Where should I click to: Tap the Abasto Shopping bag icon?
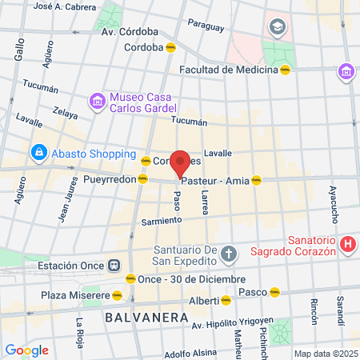pyautogui.click(x=38, y=151)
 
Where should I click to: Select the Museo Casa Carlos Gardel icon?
pyautogui.click(x=98, y=101)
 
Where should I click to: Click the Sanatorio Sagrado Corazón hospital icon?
pyautogui.click(x=347, y=245)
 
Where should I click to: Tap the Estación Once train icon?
pyautogui.click(x=114, y=266)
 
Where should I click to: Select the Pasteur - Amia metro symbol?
pyautogui.click(x=256, y=181)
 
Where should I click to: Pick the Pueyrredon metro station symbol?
pyautogui.click(x=142, y=179)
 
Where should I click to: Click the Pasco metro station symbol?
pyautogui.click(x=274, y=292)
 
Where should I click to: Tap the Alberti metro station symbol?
pyautogui.click(x=226, y=301)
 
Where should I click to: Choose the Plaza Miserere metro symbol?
pyautogui.click(x=117, y=295)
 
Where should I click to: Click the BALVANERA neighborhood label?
pyautogui.click(x=139, y=318)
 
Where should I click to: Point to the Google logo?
pyautogui.click(x=26, y=350)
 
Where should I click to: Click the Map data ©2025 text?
pyautogui.click(x=326, y=354)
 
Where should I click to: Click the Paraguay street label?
pyautogui.click(x=206, y=26)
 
